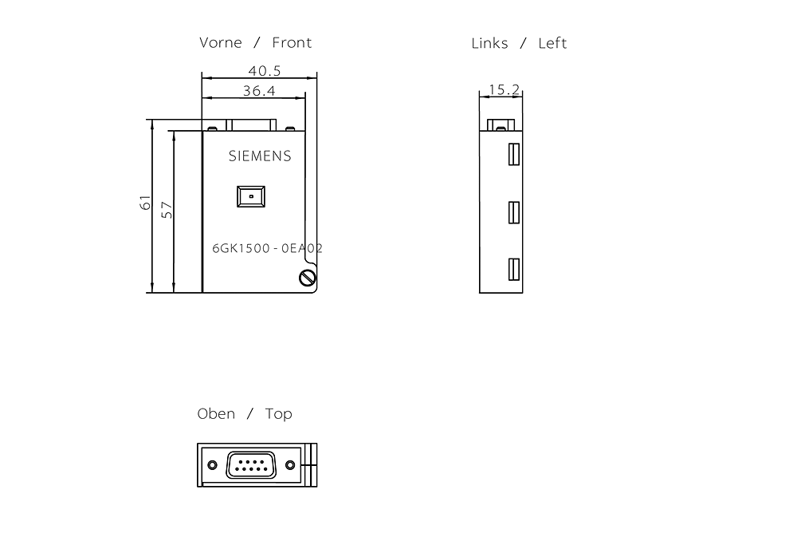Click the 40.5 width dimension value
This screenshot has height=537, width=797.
265,70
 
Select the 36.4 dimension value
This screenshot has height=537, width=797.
259,91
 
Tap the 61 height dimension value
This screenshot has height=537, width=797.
145,202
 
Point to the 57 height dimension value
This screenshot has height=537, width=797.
167,210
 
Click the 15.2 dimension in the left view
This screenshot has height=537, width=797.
505,89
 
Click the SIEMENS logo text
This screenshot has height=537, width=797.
260,156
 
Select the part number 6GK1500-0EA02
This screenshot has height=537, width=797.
267,248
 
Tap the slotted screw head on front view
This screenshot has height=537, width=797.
308,278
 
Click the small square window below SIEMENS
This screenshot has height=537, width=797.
251,196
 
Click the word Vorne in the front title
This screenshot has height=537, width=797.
220,42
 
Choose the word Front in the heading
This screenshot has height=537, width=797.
292,42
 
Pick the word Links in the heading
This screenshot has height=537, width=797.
489,43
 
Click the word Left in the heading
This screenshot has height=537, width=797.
552,43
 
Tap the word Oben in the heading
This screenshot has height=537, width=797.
216,413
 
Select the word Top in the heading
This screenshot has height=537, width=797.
278,414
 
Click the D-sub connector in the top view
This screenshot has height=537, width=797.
251,464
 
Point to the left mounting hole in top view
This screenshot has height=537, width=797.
213,464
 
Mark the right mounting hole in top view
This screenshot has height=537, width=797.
290,464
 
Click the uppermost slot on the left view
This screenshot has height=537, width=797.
514,154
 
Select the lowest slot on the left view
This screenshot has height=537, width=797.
514,269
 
